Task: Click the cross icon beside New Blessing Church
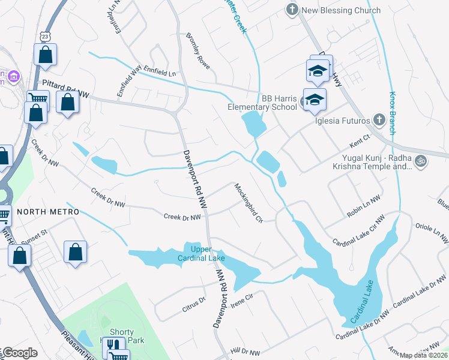[x=292, y=10]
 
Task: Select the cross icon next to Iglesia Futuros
[x=379, y=119]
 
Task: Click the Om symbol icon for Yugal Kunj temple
[x=421, y=160]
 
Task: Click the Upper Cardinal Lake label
[x=207, y=254]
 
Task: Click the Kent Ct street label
[x=358, y=145]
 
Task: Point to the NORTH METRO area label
[x=48, y=212]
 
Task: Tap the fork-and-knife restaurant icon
[x=112, y=345]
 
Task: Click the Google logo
[x=19, y=353]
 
